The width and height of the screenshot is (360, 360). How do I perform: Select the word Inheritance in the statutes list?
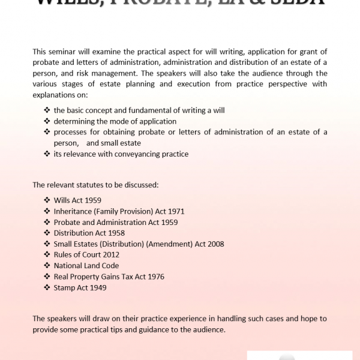pos(73,211)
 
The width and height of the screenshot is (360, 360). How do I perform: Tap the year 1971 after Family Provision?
pos(174,211)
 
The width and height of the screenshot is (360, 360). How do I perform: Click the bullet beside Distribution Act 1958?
pos(47,233)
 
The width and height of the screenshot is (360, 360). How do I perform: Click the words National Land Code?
pos(86,265)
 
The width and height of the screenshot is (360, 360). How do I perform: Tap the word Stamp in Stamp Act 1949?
pos(64,287)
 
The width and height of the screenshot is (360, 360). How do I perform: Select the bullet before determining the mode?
pos(47,122)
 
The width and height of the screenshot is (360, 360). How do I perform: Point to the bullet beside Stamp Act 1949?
pos(47,287)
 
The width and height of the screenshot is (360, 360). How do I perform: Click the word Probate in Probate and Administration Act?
pos(67,222)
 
